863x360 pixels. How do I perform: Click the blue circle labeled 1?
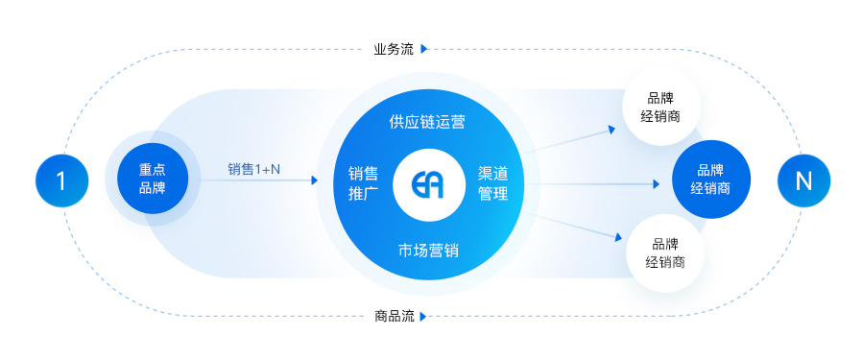tap(61, 180)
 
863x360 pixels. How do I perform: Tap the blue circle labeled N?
tap(803, 180)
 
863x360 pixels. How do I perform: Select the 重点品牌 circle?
tap(152, 180)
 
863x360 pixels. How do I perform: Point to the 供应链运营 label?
tap(427, 122)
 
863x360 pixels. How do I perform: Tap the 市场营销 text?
tap(428, 251)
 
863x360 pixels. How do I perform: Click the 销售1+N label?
tap(254, 170)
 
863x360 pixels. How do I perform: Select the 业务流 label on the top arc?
tap(394, 49)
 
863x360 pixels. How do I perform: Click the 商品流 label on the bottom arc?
tap(394, 316)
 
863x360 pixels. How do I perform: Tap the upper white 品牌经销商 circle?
tap(661, 106)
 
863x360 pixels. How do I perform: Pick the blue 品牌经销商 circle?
tap(710, 180)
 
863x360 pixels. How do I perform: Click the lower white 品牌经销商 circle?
tap(664, 252)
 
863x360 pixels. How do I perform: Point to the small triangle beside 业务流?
tap(423, 49)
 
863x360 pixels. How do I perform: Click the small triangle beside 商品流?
tap(423, 316)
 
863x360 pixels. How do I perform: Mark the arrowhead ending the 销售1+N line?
tap(314, 180)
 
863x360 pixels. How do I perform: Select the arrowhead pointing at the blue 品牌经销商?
tap(659, 182)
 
